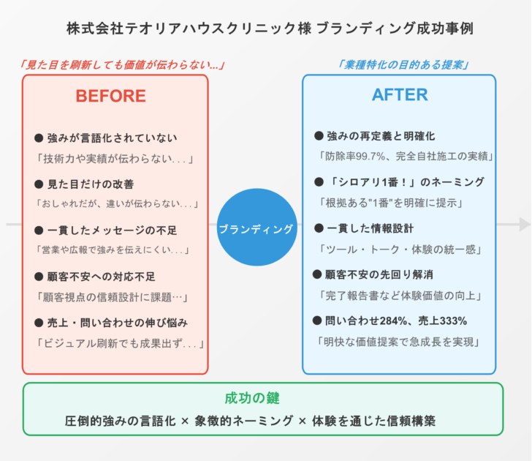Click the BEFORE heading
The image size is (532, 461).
(110, 96)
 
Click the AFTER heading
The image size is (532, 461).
(400, 95)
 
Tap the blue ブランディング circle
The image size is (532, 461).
(256, 228)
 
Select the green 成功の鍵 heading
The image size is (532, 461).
(252, 398)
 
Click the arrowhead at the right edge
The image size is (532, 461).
(525, 224)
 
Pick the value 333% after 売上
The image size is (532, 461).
(453, 321)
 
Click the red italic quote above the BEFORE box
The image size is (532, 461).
(123, 64)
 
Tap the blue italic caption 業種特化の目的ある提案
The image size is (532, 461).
(403, 64)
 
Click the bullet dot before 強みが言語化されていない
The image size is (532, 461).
(39, 138)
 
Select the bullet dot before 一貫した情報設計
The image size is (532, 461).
(319, 228)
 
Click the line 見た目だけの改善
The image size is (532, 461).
(91, 184)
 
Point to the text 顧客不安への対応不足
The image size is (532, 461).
(101, 277)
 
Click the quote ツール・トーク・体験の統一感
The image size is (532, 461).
(400, 250)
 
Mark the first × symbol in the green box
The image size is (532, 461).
(185, 421)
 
